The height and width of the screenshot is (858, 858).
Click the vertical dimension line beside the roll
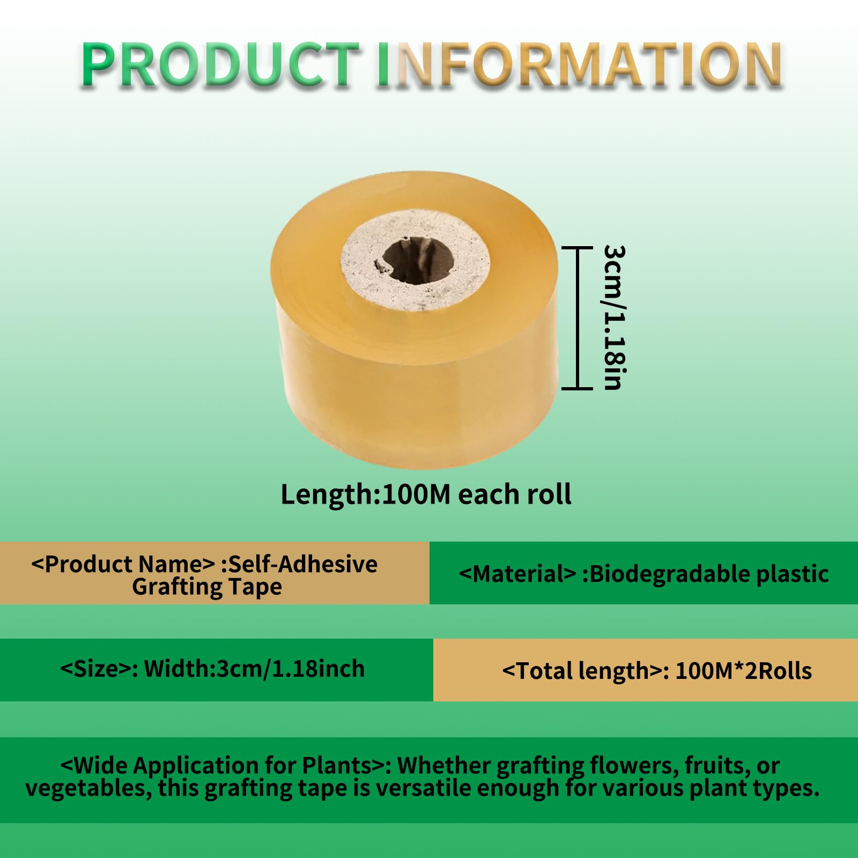[x=578, y=317]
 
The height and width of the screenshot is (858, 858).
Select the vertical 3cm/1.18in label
[x=614, y=317]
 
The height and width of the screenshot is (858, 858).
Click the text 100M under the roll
[x=416, y=494]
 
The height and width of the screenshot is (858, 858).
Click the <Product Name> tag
[x=123, y=564]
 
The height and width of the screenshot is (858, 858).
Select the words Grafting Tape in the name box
[x=207, y=587]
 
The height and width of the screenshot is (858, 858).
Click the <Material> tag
[x=517, y=574]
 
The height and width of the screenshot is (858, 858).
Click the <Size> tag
[x=99, y=669]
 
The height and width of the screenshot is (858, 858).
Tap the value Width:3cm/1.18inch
[x=254, y=669]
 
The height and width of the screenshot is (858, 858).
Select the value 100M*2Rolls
[x=743, y=671]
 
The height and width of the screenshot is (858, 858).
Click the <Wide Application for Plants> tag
[x=226, y=765]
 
